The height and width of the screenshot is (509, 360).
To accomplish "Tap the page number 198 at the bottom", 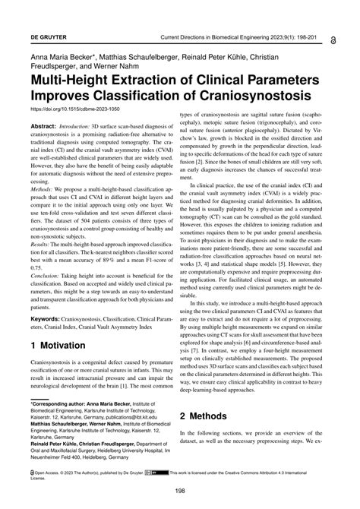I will click(x=179, y=491).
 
